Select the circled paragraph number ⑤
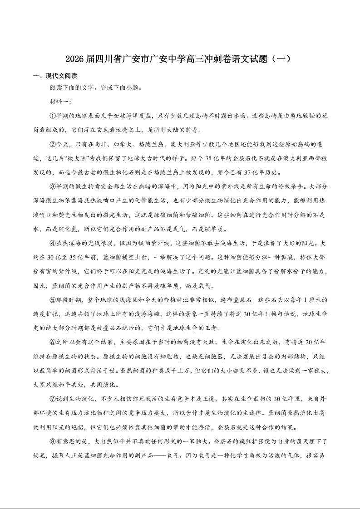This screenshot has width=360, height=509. coord(53,300)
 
